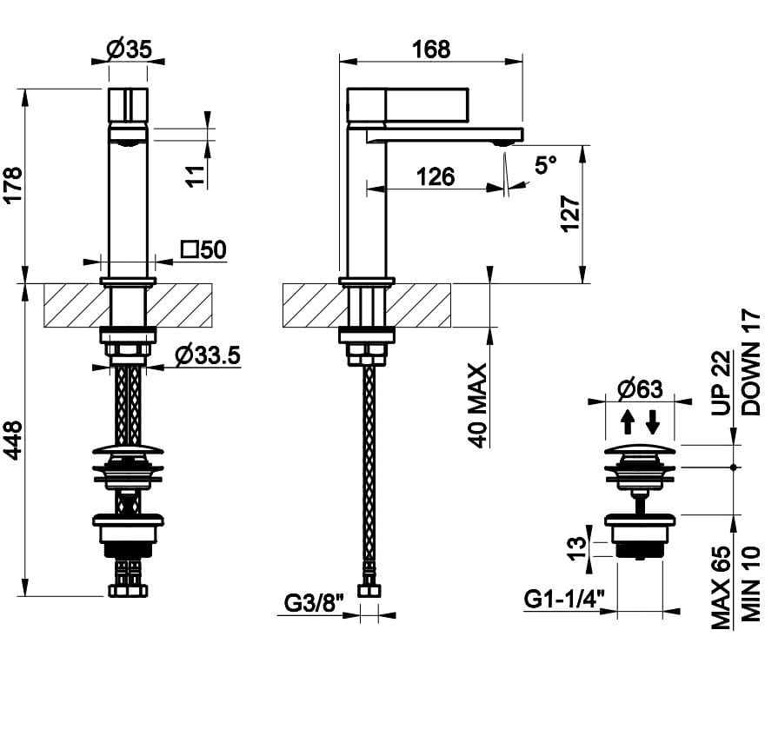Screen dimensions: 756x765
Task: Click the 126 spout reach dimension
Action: tap(435, 176)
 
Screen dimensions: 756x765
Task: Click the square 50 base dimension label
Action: tap(203, 250)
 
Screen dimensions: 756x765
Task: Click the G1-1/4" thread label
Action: tap(564, 600)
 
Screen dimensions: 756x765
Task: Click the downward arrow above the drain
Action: tap(653, 422)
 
